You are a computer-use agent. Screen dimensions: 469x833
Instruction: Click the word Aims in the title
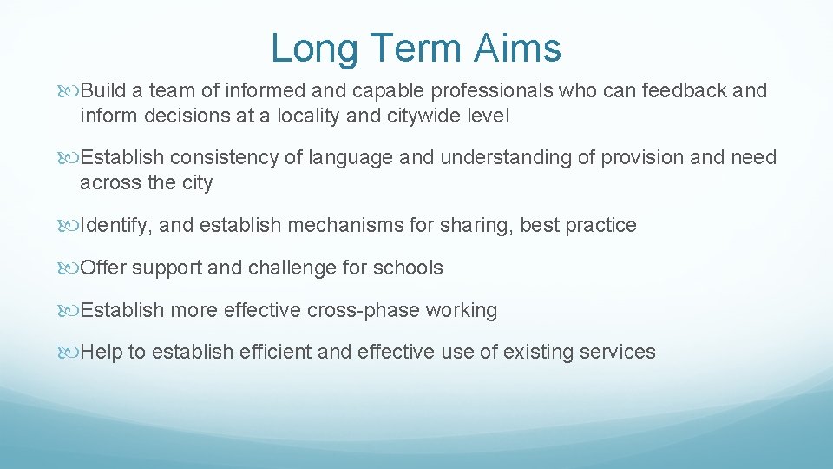(x=518, y=49)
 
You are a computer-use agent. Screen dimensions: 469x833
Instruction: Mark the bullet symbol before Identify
(x=71, y=226)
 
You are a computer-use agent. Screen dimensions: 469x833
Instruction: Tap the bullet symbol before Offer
(x=71, y=268)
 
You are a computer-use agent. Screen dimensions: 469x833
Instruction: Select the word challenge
(x=293, y=268)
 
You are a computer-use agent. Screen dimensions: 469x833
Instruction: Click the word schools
(x=408, y=268)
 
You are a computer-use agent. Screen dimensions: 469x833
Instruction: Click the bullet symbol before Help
(x=71, y=353)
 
